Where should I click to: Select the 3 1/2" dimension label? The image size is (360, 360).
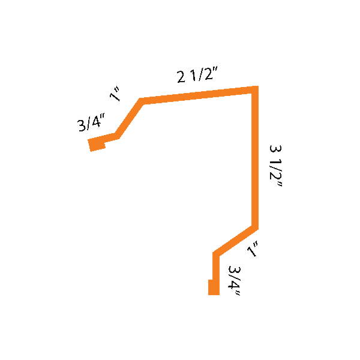(x=277, y=166)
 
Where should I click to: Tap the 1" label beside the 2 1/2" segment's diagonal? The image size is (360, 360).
(x=116, y=94)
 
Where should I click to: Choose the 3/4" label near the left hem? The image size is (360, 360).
(x=91, y=124)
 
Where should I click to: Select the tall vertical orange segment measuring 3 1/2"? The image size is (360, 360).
(x=256, y=159)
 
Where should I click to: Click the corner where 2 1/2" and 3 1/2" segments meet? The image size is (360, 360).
(x=256, y=89)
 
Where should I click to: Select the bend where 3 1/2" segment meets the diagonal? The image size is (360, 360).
(x=256, y=227)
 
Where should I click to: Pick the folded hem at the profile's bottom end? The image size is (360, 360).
(x=212, y=287)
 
